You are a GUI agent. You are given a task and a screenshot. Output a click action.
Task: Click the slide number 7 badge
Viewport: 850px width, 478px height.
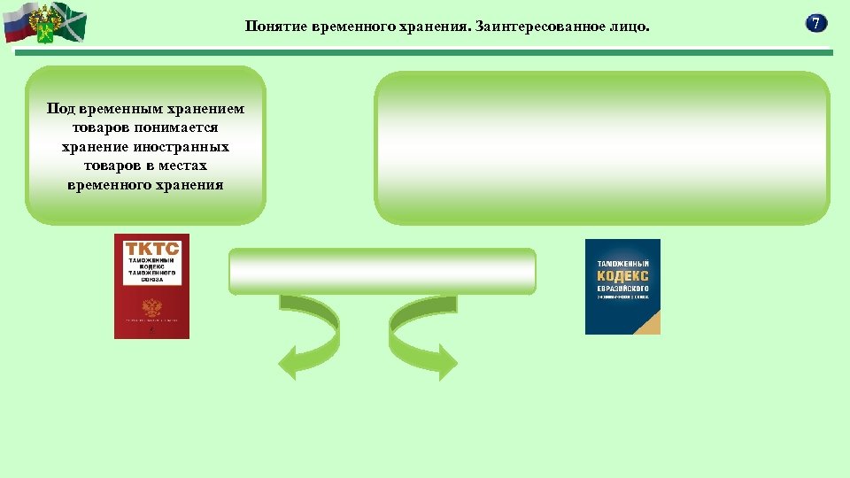tap(816, 24)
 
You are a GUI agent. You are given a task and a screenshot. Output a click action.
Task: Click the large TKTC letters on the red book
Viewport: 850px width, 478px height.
tap(151, 250)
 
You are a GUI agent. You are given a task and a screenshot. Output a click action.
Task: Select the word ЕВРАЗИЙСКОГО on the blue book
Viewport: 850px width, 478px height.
tap(622, 289)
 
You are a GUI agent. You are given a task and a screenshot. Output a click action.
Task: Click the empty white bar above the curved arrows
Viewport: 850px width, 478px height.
tap(382, 271)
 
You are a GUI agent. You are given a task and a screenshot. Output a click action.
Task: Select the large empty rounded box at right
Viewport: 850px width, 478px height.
tap(602, 148)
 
